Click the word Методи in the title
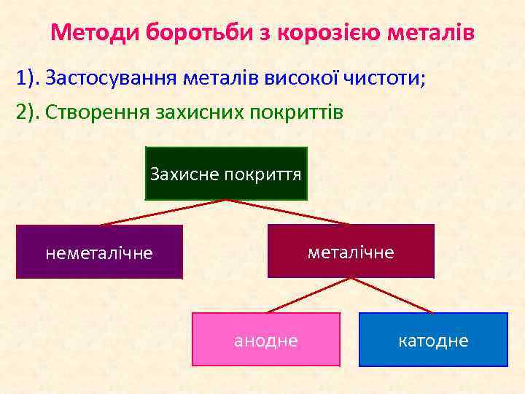[x=96, y=33]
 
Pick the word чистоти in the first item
[x=384, y=78]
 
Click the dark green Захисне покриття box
[x=226, y=173]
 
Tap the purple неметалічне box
[x=99, y=252]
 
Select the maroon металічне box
[x=351, y=252]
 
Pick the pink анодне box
[x=266, y=340]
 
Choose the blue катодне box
[x=434, y=340]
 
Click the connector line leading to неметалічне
[x=163, y=212]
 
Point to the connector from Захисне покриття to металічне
[x=288, y=212]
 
